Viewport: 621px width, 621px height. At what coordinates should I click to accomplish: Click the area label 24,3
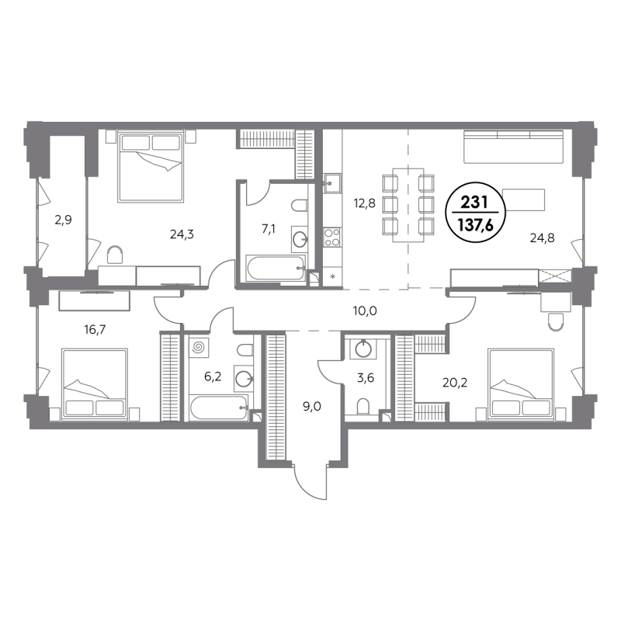(182, 235)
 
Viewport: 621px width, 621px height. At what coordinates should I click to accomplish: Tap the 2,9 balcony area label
(64, 220)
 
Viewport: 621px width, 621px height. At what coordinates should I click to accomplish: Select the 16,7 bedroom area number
(95, 329)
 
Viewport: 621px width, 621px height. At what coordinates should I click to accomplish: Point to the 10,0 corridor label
(365, 311)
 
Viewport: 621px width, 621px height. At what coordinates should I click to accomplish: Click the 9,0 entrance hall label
(312, 407)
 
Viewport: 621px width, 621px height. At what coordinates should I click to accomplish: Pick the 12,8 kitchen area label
(364, 203)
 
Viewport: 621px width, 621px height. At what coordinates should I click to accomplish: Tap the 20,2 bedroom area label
(455, 383)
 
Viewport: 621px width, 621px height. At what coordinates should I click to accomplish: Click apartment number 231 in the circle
(474, 203)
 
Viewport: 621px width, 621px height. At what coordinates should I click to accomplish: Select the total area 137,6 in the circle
(475, 225)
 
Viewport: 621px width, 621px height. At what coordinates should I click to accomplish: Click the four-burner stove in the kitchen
(332, 238)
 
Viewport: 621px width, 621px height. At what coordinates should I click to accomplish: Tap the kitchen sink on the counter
(332, 183)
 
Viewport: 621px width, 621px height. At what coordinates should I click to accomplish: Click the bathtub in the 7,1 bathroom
(276, 268)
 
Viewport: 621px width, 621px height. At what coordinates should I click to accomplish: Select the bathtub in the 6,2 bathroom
(219, 408)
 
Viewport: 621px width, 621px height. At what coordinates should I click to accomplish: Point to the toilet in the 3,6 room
(363, 407)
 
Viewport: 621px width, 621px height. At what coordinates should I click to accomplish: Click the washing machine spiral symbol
(199, 348)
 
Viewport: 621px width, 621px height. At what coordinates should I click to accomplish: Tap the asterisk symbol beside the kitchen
(333, 276)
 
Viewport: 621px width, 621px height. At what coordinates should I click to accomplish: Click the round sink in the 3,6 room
(363, 349)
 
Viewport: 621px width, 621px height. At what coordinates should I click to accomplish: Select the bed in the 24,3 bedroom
(151, 168)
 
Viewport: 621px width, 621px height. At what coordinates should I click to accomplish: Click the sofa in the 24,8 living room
(513, 147)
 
